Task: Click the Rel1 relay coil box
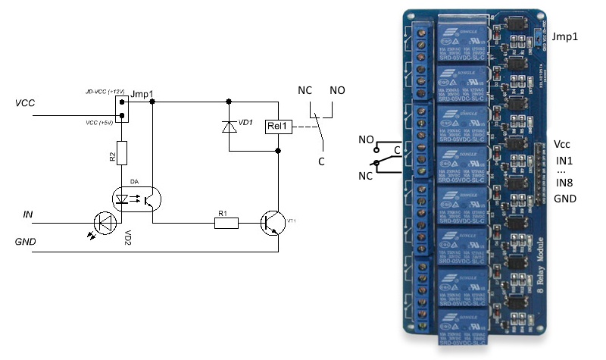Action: point(278,127)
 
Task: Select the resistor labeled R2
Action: point(120,156)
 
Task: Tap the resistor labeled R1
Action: point(225,223)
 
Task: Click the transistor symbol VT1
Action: point(272,222)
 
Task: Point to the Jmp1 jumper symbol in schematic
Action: point(120,109)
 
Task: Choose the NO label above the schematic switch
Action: point(336,90)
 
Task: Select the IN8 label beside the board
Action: point(564,182)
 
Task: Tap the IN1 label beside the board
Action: point(564,161)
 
